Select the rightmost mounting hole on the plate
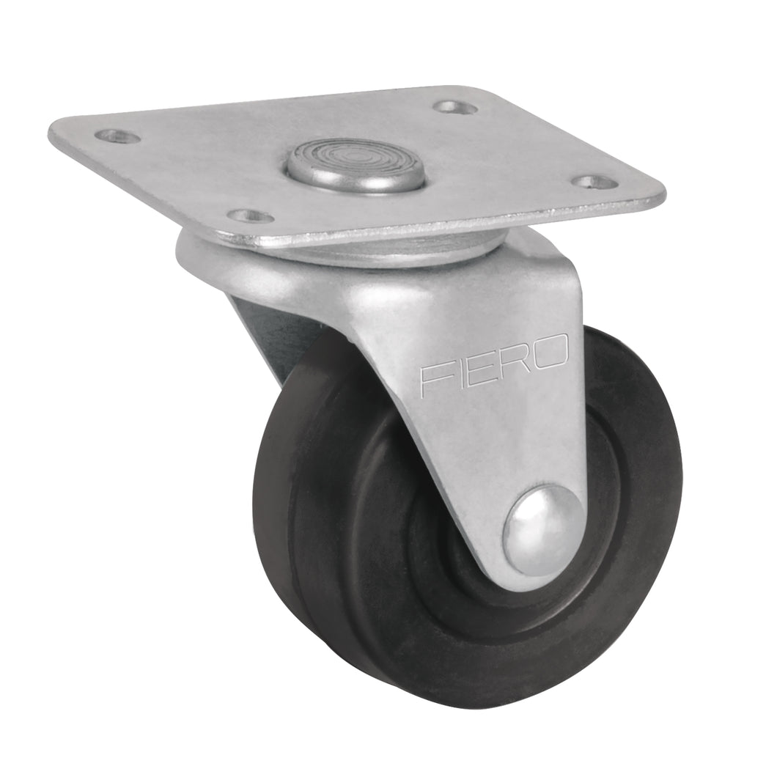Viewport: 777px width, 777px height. click(x=593, y=181)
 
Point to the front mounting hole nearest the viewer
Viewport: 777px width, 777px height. click(x=250, y=216)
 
